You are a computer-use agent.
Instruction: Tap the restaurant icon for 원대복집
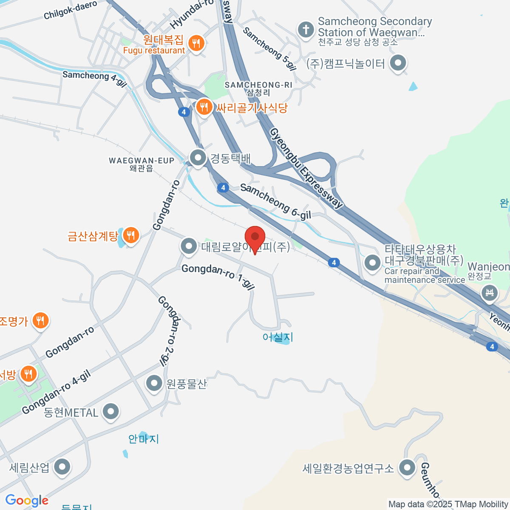click(x=196, y=43)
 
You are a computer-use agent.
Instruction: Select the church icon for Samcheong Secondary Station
click(x=306, y=30)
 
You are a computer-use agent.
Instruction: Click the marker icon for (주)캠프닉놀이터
click(x=398, y=63)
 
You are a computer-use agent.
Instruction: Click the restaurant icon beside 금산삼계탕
click(x=131, y=235)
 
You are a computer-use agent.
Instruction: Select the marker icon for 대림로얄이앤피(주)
click(x=188, y=246)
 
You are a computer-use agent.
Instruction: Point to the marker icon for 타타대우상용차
click(x=373, y=262)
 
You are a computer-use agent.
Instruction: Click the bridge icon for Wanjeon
click(x=490, y=293)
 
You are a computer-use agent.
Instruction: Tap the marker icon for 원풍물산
click(x=154, y=383)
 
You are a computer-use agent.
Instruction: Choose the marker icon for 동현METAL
click(x=111, y=411)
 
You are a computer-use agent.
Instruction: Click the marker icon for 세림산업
click(x=62, y=467)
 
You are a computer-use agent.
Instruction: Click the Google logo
click(x=27, y=501)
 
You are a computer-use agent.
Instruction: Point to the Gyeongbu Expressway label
click(x=306, y=168)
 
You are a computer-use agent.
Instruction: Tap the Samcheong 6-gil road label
click(x=275, y=201)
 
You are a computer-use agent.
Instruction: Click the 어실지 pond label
click(x=278, y=337)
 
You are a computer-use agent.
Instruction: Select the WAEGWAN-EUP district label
click(x=142, y=164)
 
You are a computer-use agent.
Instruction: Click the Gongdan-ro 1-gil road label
click(x=218, y=277)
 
